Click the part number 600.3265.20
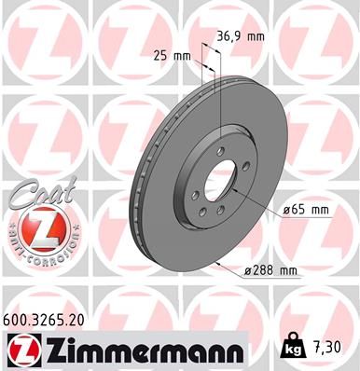56,318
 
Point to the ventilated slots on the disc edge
149,186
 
